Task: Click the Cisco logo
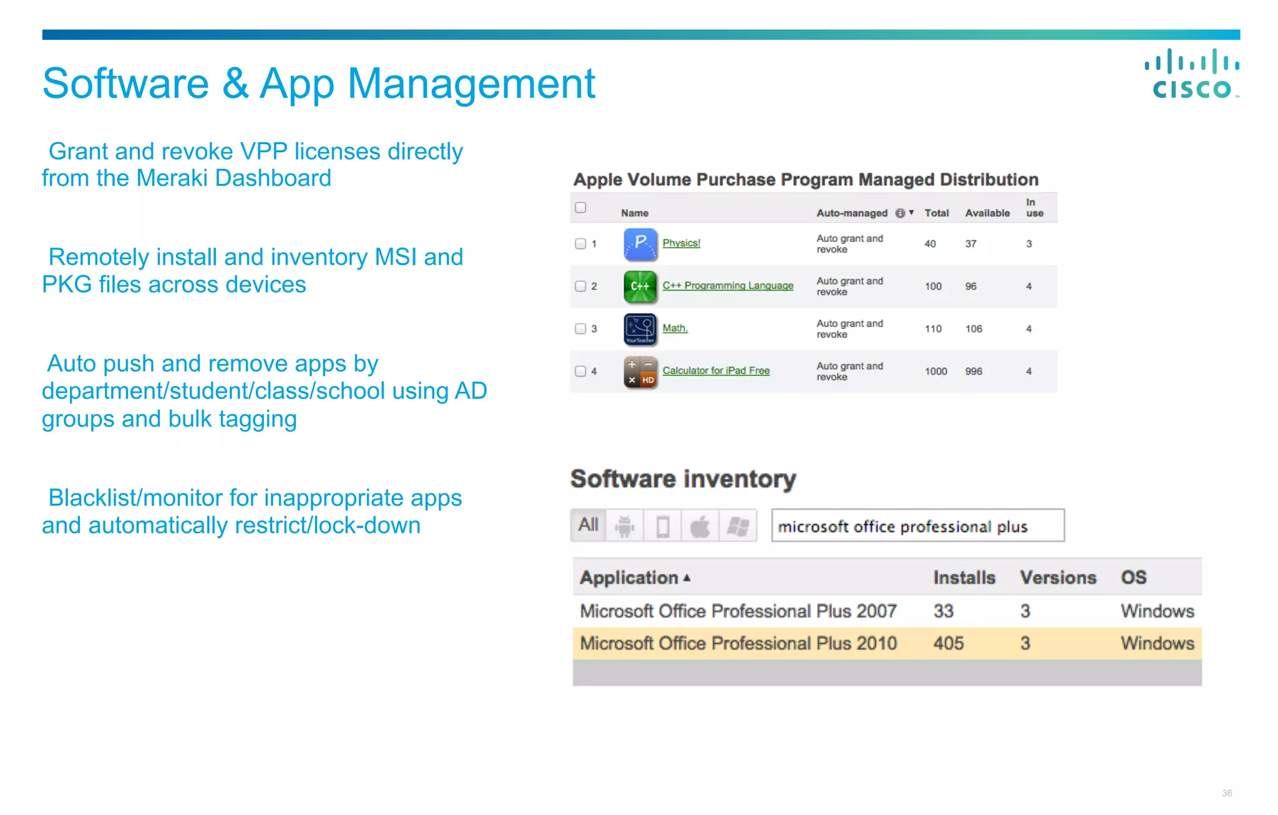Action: click(x=1191, y=74)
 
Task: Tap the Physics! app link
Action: click(x=681, y=243)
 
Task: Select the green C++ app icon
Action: click(x=640, y=286)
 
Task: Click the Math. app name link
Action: click(x=675, y=328)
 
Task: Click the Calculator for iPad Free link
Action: click(x=716, y=370)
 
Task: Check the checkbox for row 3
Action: click(x=580, y=329)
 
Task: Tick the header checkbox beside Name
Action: click(x=580, y=208)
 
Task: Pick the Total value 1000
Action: click(x=935, y=371)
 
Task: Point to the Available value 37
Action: click(x=970, y=244)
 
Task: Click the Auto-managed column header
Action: click(x=852, y=213)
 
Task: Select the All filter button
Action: click(x=588, y=525)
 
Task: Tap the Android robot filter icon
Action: click(x=625, y=526)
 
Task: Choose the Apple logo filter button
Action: click(x=700, y=526)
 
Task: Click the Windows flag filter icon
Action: click(x=738, y=526)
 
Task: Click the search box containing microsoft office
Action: click(x=917, y=526)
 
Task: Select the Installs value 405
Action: click(x=948, y=644)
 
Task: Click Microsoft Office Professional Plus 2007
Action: click(x=738, y=611)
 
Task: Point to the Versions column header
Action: click(x=1058, y=577)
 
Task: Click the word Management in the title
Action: click(x=471, y=84)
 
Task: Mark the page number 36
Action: click(x=1226, y=793)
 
